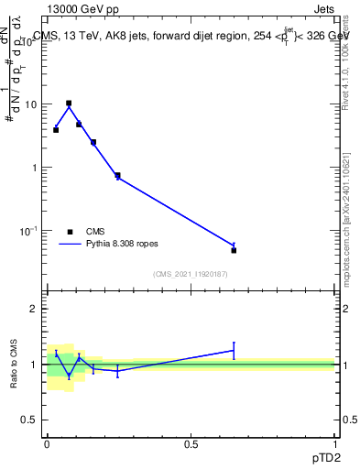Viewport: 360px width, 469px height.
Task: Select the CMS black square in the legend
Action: click(70, 232)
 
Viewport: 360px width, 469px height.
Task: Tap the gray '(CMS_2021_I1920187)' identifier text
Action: click(191, 274)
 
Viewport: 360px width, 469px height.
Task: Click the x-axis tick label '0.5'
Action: click(191, 442)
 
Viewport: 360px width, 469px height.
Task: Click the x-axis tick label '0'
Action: click(47, 442)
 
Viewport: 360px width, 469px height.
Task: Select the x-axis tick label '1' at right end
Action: click(335, 442)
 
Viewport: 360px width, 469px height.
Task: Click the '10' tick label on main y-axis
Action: click(30, 104)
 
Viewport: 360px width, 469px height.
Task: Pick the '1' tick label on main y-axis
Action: click(34, 168)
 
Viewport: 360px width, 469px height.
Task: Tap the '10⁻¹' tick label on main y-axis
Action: click(28, 230)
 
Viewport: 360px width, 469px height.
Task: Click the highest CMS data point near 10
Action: click(69, 104)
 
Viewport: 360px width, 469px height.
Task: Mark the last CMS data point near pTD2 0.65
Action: click(234, 250)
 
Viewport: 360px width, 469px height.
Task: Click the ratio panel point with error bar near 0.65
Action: click(234, 350)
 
